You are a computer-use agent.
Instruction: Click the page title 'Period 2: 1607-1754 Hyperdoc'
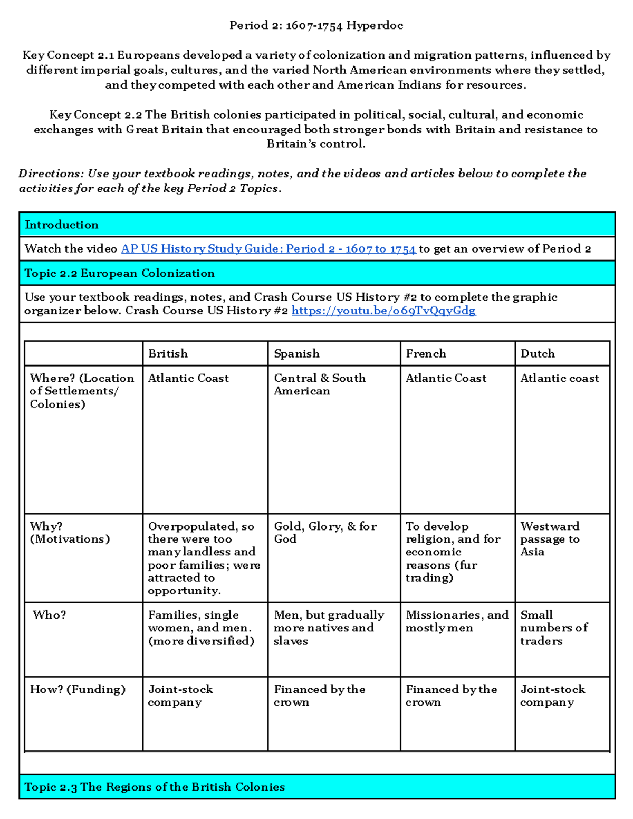coord(316,25)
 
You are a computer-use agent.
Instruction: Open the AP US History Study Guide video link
coord(268,249)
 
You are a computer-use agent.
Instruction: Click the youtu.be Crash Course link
coord(383,311)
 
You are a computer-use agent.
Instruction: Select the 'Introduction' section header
coord(62,225)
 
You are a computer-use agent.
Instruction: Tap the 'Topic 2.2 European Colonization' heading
coord(120,273)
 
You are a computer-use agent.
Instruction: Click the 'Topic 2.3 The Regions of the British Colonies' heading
coord(155,787)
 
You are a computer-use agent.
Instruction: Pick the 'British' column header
coord(168,353)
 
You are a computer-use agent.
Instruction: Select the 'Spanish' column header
coord(296,353)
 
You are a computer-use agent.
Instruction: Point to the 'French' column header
coord(426,353)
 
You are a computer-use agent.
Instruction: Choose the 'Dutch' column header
coord(538,353)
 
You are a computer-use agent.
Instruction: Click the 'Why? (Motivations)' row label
coord(70,533)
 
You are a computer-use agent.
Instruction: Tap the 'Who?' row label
coord(49,615)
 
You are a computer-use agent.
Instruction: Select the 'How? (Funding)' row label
coord(78,689)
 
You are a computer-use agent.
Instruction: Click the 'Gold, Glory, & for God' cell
coord(325,533)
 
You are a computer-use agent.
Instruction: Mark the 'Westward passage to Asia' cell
coord(550,539)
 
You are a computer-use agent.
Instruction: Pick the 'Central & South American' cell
coord(320,384)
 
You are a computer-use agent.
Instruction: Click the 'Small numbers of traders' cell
coord(553,628)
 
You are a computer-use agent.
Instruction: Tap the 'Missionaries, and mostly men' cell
coord(457,621)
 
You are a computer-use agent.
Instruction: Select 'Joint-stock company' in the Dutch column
coord(552,696)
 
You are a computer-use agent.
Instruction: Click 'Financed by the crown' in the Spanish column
coord(319,696)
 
